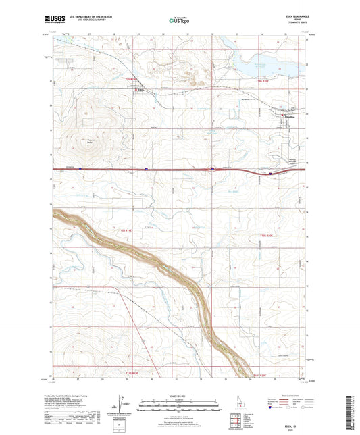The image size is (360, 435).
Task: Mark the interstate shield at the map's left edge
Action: tap(80, 169)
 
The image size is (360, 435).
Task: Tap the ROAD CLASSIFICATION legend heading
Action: tap(291, 392)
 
